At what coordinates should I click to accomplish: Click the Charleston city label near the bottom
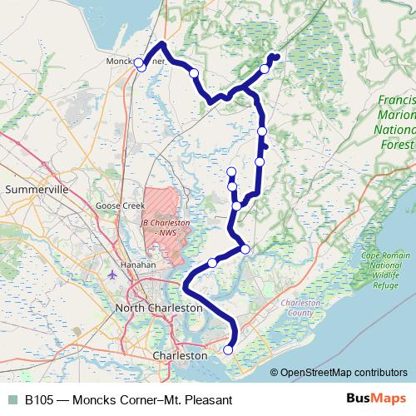coord(180,355)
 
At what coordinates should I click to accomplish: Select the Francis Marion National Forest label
coord(396,118)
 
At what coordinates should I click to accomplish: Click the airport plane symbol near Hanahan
coord(113,273)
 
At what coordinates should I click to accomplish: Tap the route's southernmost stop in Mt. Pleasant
coord(229,351)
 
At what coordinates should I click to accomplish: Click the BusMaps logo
coord(374,399)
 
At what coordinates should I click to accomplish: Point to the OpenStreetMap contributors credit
coord(344,373)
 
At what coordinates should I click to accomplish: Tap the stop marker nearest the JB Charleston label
coord(212,263)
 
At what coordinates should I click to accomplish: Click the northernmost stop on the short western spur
coord(230,173)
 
